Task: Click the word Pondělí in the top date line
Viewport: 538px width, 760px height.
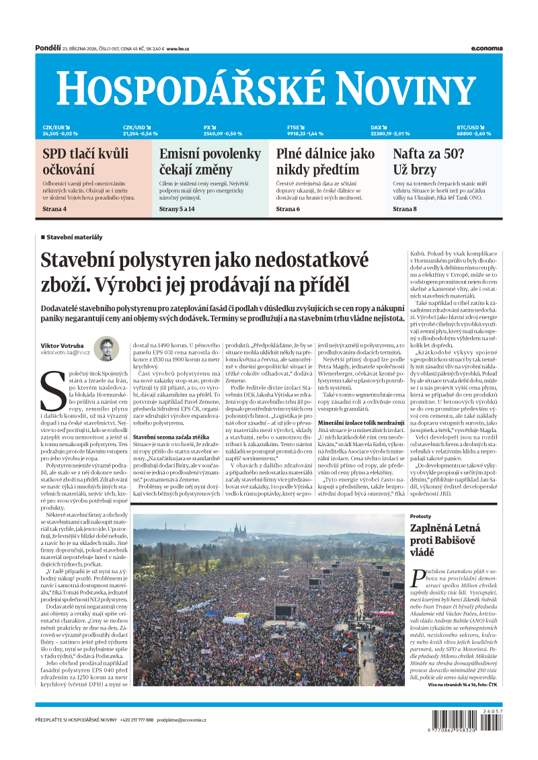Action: point(47,48)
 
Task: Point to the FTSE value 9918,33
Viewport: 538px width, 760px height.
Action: point(297,134)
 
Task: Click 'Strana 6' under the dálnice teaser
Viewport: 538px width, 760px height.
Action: point(288,210)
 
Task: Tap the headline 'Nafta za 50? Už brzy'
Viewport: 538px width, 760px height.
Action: point(428,161)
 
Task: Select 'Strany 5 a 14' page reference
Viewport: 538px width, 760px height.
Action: point(177,210)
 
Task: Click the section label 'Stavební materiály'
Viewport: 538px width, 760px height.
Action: point(74,237)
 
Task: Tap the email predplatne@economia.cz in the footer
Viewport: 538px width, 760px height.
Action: point(182,720)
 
